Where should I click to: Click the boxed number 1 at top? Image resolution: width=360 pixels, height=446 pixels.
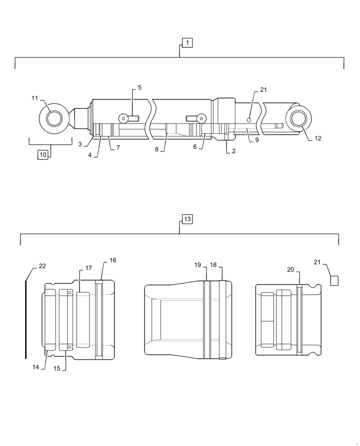coord(187,43)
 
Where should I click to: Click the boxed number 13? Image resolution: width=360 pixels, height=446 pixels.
coord(187,219)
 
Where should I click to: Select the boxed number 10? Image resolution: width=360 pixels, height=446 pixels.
coord(43,155)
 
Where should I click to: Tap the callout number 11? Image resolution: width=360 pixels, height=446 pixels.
coord(35,98)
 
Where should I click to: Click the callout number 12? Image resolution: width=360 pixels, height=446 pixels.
coord(317,139)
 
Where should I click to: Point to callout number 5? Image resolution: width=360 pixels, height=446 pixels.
coord(139,88)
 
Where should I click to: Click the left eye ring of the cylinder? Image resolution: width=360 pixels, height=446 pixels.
coord(56,118)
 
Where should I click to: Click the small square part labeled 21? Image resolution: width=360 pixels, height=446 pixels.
coord(334,281)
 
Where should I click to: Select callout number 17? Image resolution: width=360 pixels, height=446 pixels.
coord(89,268)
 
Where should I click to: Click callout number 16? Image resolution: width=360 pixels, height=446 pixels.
coord(113,260)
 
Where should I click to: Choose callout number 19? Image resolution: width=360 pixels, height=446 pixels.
coord(197,265)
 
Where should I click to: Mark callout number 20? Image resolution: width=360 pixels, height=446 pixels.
coord(290,269)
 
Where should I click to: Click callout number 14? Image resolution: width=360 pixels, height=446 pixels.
coord(35,367)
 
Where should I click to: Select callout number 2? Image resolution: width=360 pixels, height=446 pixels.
coord(233,151)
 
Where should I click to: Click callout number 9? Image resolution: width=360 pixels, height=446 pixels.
coord(257,140)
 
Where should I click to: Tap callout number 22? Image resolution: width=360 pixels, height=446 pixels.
coord(42,266)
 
